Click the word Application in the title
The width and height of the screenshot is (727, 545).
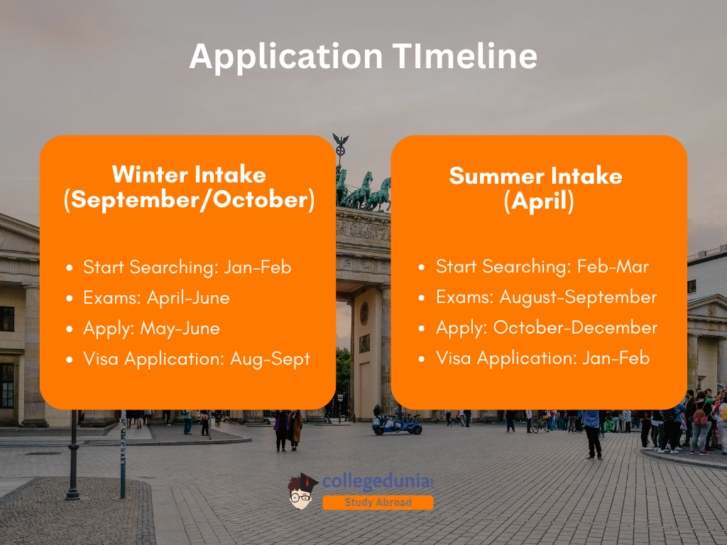pos(286,57)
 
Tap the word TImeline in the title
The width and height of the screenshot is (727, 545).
pos(464,56)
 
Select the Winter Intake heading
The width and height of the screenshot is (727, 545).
pos(189,175)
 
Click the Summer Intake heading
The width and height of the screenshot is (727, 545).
pos(535,176)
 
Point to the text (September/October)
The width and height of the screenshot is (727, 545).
pos(189,200)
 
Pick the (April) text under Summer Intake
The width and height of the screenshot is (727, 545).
pos(539,202)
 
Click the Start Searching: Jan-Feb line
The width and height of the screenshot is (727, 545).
pos(187,268)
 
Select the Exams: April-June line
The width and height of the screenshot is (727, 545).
pos(156,298)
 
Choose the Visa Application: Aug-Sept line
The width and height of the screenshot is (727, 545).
pos(197,359)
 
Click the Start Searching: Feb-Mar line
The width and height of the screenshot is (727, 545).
pos(542,267)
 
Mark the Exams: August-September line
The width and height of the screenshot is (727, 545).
pos(546,297)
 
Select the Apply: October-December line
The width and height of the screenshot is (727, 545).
pos(547,328)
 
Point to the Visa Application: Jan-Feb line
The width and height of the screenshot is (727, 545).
pos(542,358)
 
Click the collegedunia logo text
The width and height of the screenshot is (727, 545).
pos(378,482)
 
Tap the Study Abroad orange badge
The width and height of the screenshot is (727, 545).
pos(378,502)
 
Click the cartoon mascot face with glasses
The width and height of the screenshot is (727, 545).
pos(302,492)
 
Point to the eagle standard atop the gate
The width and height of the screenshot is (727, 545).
pos(341,145)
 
